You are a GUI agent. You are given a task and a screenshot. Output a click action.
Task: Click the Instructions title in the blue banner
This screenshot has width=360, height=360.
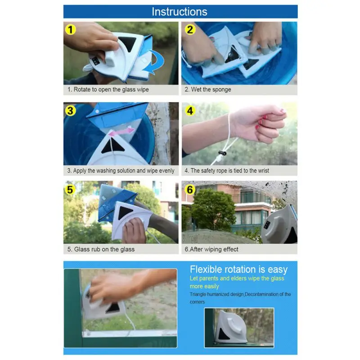(x=179, y=12)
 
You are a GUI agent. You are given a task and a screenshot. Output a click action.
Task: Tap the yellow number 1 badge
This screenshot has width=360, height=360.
(x=71, y=30)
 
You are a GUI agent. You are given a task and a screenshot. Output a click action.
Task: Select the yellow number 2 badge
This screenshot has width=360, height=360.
(x=190, y=29)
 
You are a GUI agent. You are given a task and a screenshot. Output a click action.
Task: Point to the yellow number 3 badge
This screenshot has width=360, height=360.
(x=71, y=111)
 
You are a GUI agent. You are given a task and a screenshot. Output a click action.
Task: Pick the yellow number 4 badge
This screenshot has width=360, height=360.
(x=190, y=111)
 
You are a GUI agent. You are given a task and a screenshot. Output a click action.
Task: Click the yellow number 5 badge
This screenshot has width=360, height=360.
(x=70, y=190)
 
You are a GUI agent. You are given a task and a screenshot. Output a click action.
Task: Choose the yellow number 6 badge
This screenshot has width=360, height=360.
(x=190, y=190)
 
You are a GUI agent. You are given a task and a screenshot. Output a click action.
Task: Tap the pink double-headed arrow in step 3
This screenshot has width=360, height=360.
(x=121, y=132)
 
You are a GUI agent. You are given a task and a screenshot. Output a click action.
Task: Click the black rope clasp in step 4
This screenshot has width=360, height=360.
(x=222, y=153)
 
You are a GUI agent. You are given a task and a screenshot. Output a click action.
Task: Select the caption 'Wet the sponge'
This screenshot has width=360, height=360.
(x=211, y=89)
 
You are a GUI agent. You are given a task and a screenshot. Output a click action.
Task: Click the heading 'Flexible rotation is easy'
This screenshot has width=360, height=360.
(x=238, y=269)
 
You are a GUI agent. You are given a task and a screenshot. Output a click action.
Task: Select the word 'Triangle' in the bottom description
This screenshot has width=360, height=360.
(x=198, y=294)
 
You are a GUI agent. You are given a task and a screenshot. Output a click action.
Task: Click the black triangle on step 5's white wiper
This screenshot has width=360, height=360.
(x=125, y=212)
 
